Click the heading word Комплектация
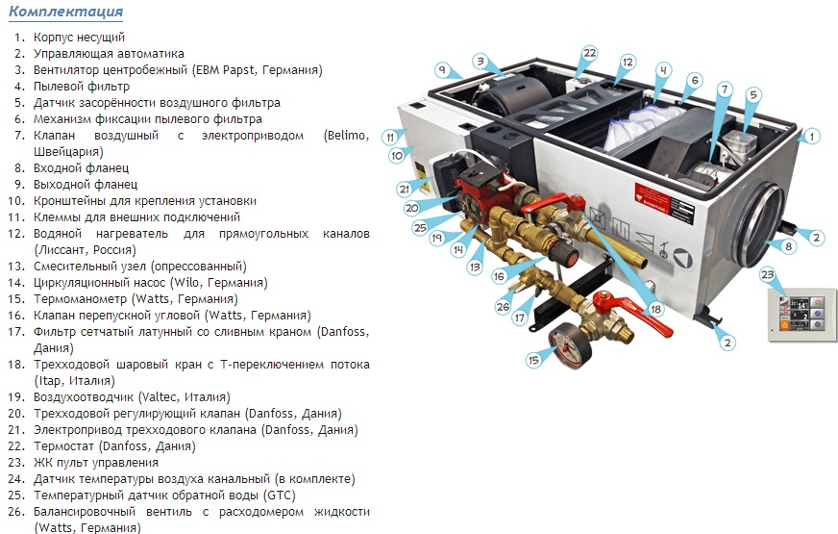[x=65, y=12]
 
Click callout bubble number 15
[x=533, y=360]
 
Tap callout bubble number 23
[x=768, y=275]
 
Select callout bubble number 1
[x=811, y=137]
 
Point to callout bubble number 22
[x=589, y=54]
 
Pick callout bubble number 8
[x=788, y=246]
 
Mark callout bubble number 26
[x=503, y=307]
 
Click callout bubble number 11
[x=390, y=137]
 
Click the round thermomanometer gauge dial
[x=570, y=345]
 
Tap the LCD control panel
[x=802, y=315]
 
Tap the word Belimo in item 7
[x=346, y=136]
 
